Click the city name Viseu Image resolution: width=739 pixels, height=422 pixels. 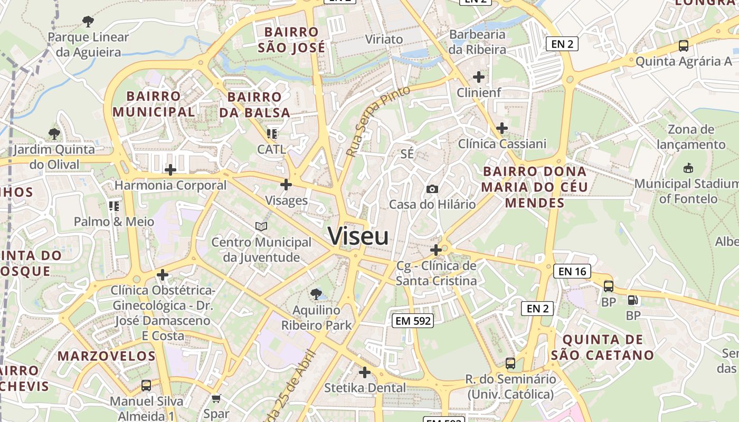pos(358,236)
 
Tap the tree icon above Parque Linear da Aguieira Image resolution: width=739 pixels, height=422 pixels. pos(88,22)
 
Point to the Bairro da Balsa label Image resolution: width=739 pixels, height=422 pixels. pos(255,104)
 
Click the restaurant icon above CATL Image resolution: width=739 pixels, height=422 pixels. pos(272,133)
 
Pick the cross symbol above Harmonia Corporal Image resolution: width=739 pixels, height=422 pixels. pos(170,170)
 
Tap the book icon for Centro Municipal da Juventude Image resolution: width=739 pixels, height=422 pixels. pos(261,227)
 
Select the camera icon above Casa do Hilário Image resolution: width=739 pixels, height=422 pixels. pos(432,189)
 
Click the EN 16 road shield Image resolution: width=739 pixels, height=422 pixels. pos(572,272)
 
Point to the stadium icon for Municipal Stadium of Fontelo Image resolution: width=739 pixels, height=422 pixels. pos(688,168)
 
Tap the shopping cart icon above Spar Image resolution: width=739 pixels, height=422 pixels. pos(216,399)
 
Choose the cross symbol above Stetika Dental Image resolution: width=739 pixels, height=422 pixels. pos(365,372)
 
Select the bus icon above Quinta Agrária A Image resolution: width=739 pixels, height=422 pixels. pos(684,46)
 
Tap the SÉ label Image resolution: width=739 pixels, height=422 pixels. pos(407,154)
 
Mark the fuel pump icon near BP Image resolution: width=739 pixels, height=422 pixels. pos(632,300)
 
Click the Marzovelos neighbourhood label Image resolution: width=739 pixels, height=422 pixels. pos(107,356)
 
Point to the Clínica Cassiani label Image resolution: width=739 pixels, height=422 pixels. pos(502,143)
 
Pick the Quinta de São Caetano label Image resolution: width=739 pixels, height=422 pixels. pos(602,347)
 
